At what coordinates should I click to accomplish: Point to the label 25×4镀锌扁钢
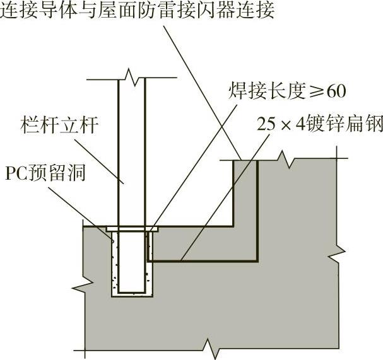(x=320, y=124)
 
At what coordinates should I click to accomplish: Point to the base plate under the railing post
(x=131, y=228)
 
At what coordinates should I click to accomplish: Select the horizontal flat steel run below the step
(x=202, y=259)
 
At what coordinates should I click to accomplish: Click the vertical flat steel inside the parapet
(x=257, y=208)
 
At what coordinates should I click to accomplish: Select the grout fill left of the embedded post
(x=115, y=265)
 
